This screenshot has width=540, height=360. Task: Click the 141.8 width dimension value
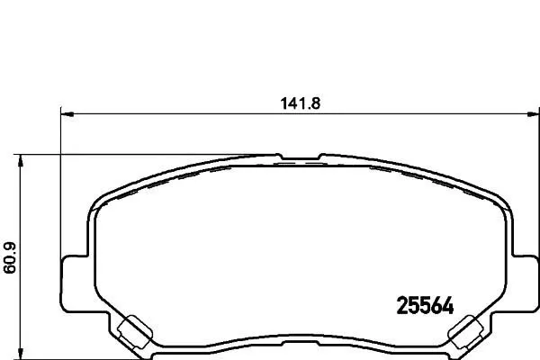[x=301, y=103]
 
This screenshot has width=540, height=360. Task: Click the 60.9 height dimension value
[x=10, y=258]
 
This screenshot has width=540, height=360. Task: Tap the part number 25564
[x=426, y=306]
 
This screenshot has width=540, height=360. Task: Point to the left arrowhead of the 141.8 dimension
[x=67, y=114]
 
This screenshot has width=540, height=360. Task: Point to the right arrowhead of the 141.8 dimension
[x=533, y=114]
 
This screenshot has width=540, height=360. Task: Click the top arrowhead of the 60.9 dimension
[x=21, y=160]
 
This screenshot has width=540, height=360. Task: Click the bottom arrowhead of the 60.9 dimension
[x=21, y=354]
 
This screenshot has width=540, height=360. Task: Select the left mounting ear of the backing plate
[x=74, y=283]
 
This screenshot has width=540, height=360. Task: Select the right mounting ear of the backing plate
[x=526, y=283]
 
